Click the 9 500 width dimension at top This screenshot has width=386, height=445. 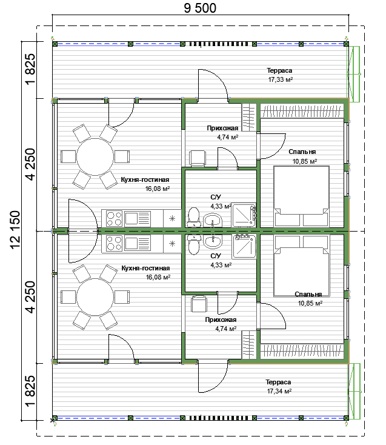coord(200,8)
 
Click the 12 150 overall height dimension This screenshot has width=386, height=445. coord(15,230)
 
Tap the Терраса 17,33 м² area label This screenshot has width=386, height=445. coord(280,75)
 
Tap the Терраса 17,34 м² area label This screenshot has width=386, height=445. coord(279,387)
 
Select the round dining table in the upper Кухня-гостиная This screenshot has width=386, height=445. coord(95,156)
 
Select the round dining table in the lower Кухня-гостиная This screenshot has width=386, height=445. coord(95,297)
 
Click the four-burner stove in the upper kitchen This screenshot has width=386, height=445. coord(114,218)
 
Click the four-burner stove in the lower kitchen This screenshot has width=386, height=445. coord(114,243)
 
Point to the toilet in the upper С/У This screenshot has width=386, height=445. coord(194,217)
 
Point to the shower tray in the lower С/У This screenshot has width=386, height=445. coord(244,246)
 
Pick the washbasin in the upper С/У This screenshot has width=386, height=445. coord(213,220)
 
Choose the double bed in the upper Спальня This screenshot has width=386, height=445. coord(302,196)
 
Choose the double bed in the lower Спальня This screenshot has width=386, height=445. coord(302,266)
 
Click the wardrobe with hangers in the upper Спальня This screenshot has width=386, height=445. coord(302,111)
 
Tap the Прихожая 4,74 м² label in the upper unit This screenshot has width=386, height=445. coord(222,133)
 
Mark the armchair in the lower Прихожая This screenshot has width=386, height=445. coord(199,304)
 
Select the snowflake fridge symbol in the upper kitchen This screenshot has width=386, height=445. coord(172,218)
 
